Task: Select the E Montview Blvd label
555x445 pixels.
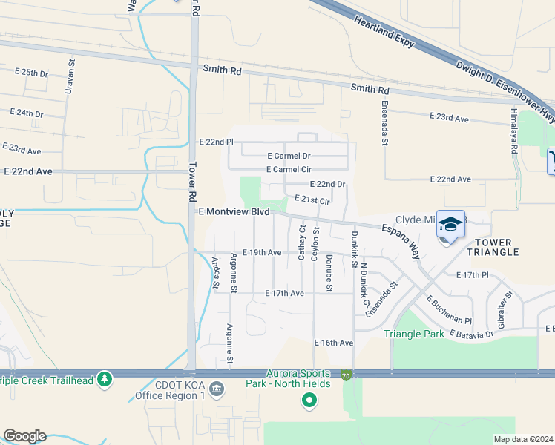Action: pos(234,211)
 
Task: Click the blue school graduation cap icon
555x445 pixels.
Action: pos(451,223)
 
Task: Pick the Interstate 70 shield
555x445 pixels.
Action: pos(347,376)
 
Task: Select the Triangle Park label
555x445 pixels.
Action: pos(414,334)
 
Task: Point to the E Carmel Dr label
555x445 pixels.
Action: pos(288,156)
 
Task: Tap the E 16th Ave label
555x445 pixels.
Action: pos(334,343)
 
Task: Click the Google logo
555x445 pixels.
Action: pos(24,436)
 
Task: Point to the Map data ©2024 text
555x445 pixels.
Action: pos(522,439)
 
